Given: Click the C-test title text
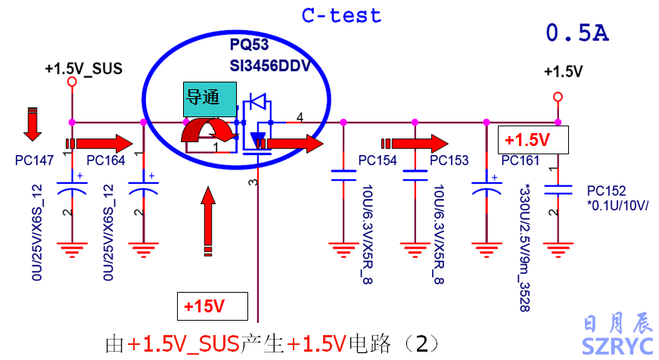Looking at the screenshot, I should coord(341,15).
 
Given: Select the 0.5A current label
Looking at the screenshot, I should coord(577,34).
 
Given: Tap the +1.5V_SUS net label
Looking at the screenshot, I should coord(83,69).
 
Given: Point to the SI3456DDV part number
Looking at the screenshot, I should coord(270,65).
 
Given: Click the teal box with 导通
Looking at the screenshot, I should coord(204,98).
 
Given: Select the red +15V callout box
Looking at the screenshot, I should coord(212,306).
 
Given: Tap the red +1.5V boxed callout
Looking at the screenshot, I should coord(533,140).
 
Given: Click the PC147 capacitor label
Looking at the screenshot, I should coord(33,160).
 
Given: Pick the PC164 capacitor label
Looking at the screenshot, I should coord(105,160).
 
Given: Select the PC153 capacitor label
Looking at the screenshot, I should coord(449,160).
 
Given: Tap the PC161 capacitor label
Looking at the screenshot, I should coord(520,160).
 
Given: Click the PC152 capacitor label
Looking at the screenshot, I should coord(606,190).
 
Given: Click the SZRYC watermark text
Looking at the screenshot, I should coord(617,346).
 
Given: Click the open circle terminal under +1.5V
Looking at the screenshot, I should coord(558,96).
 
